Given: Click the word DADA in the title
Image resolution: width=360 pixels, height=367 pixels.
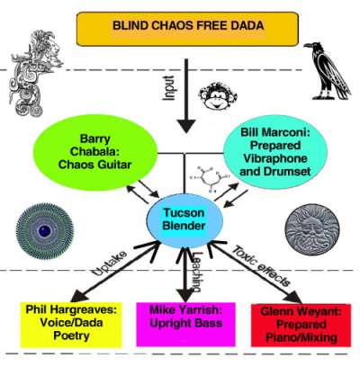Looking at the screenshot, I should tap(245, 29).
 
